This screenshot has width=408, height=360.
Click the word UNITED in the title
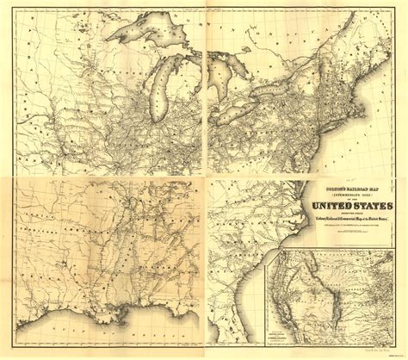click(322, 203)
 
